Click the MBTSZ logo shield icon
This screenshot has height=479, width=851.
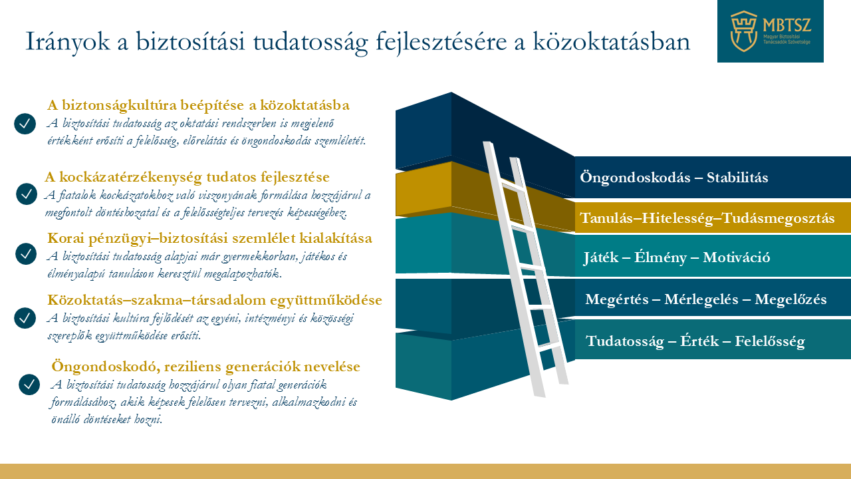coord(743,31)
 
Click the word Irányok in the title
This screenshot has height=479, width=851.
coord(68,42)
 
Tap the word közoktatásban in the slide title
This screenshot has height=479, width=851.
coord(611,41)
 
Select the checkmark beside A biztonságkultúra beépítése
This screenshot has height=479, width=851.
coord(25,124)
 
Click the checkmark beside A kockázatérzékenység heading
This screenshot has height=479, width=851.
coord(27,194)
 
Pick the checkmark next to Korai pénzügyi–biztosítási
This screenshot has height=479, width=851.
coord(26,253)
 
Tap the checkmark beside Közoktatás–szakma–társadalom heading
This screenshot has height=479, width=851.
coord(25,318)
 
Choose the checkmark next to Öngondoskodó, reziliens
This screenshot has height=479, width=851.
coord(29,385)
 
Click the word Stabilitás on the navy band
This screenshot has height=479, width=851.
coord(737,178)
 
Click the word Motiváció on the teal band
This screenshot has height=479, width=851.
coord(736,257)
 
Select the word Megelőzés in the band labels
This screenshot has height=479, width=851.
coord(790,299)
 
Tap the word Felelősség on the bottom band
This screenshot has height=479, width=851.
coord(770,341)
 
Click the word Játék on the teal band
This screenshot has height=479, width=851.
coord(601,257)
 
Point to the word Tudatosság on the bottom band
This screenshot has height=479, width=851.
coord(624,341)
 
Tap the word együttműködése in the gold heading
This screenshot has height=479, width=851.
coord(326,300)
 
